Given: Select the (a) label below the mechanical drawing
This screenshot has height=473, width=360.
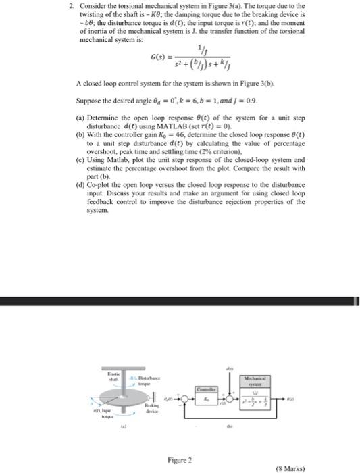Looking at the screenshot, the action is click(x=124, y=426).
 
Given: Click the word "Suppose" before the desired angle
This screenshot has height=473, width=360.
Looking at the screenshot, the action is click(x=90, y=99).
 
